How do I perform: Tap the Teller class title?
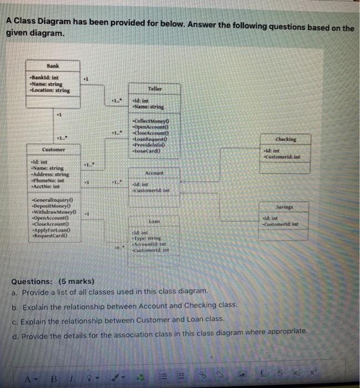(155, 89)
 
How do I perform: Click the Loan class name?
(155, 221)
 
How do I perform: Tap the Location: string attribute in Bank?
(50, 90)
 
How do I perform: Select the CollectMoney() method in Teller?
(151, 121)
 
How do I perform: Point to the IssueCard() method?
(148, 150)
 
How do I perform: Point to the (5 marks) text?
(79, 281)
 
